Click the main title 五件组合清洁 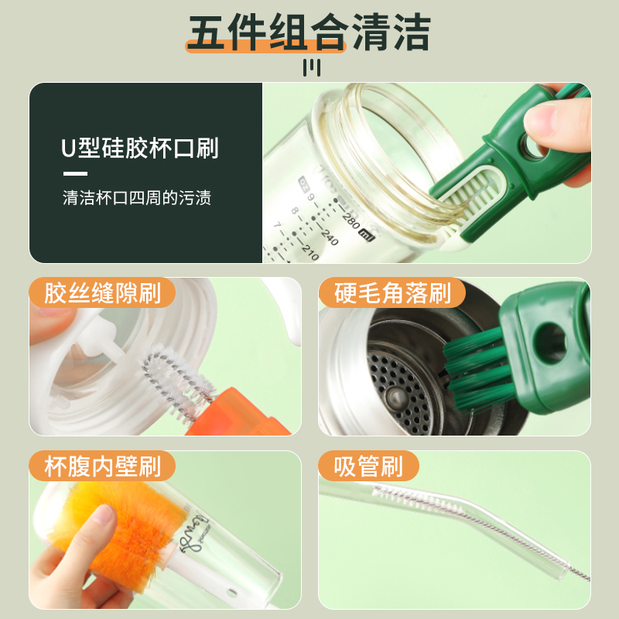pos(309,32)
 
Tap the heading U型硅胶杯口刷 pos(140,148)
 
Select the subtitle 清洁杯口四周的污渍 pos(137,198)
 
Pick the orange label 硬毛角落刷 pos(393,294)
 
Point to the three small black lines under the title pos(309,68)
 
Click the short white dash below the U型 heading pos(75,173)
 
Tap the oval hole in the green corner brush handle pos(550,341)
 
